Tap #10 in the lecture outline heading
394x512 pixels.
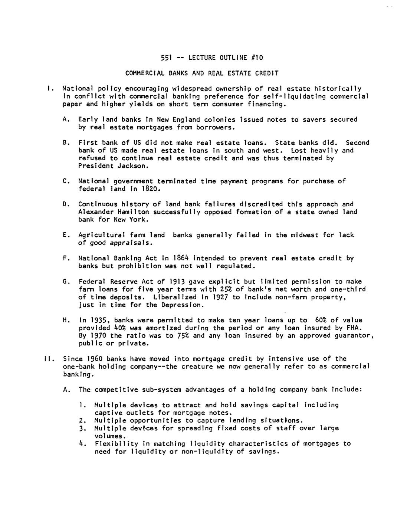tap(258, 58)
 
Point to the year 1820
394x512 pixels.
tap(150, 189)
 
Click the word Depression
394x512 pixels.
tap(182, 305)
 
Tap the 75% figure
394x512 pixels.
tap(183, 336)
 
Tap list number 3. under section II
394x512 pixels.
tap(82, 428)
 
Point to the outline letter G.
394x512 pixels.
tap(66, 282)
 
